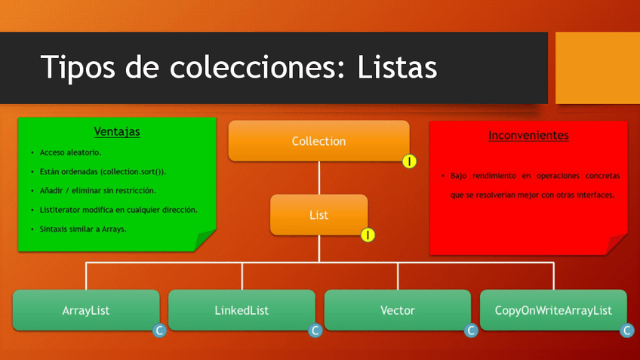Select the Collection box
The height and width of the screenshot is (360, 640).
point(318,141)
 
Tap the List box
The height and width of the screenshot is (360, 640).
point(318,214)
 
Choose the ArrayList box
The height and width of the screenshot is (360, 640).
point(86,310)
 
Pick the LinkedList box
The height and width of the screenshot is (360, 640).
point(242,310)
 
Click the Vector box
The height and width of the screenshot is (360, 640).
point(398,310)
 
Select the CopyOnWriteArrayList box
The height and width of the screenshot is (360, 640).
point(553,310)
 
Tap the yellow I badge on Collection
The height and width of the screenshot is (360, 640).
point(409,161)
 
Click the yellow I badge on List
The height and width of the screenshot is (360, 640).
point(368,235)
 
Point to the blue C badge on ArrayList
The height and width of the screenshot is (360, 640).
point(159,331)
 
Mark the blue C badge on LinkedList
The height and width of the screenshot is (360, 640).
point(315,331)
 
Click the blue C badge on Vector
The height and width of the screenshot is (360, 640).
point(471,331)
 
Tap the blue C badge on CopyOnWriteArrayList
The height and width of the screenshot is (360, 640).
point(627,331)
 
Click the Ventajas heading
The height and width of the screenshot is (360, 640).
point(117,131)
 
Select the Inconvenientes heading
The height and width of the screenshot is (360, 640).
point(528,136)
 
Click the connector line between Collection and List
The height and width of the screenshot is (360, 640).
point(318,178)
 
